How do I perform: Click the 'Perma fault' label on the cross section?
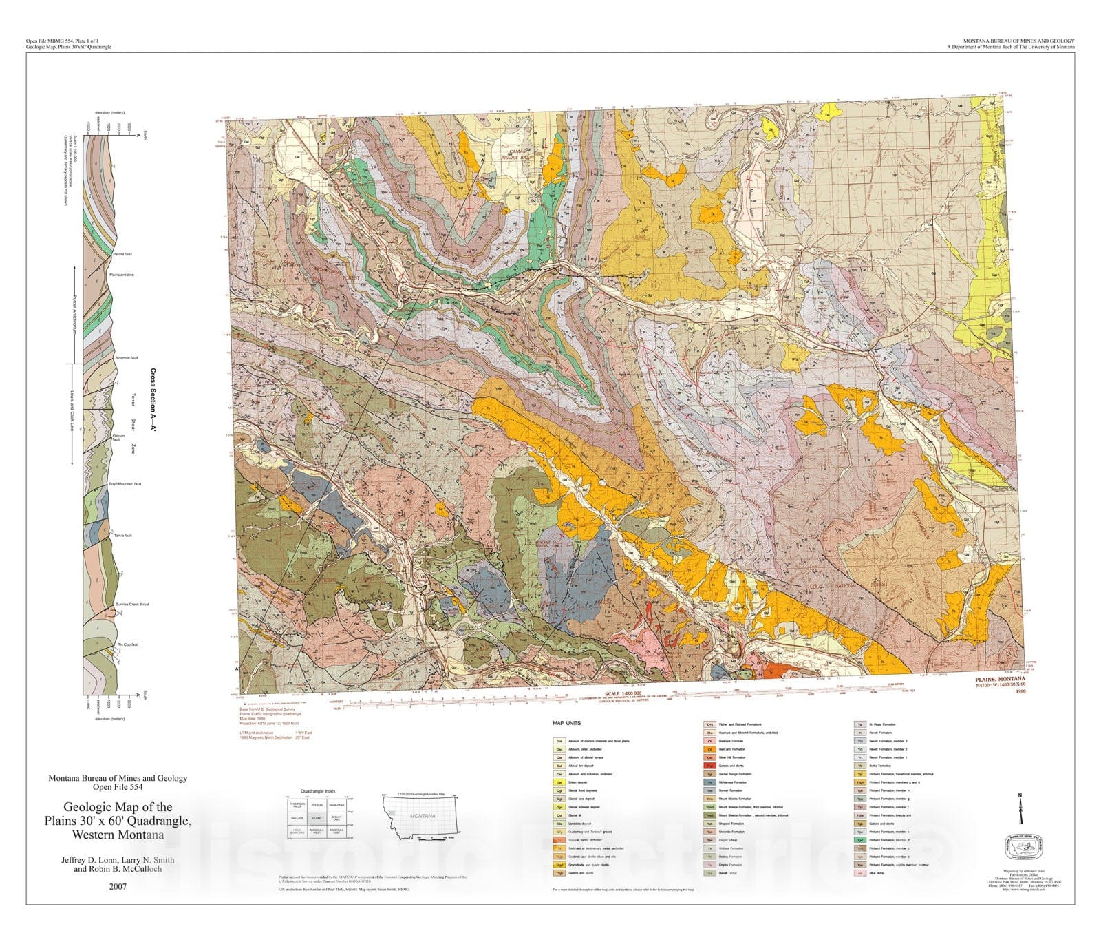click(x=123, y=254)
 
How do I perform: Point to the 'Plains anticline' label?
click(x=122, y=275)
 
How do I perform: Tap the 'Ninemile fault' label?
click(x=127, y=357)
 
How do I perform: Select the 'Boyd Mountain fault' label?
click(x=125, y=484)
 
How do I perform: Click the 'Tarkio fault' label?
click(x=123, y=535)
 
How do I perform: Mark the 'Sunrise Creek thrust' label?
click(x=132, y=604)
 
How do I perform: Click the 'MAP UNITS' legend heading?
click(x=566, y=724)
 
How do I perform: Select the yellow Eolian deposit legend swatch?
click(x=559, y=782)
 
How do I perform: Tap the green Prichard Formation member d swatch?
click(x=859, y=840)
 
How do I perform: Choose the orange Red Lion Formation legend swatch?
click(x=709, y=749)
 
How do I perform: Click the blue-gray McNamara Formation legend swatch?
click(x=709, y=782)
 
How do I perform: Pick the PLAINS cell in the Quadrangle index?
click(x=317, y=819)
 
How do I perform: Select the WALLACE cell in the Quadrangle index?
click(x=297, y=819)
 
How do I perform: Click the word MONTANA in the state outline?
click(x=423, y=816)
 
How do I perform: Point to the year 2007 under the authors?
click(x=118, y=886)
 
